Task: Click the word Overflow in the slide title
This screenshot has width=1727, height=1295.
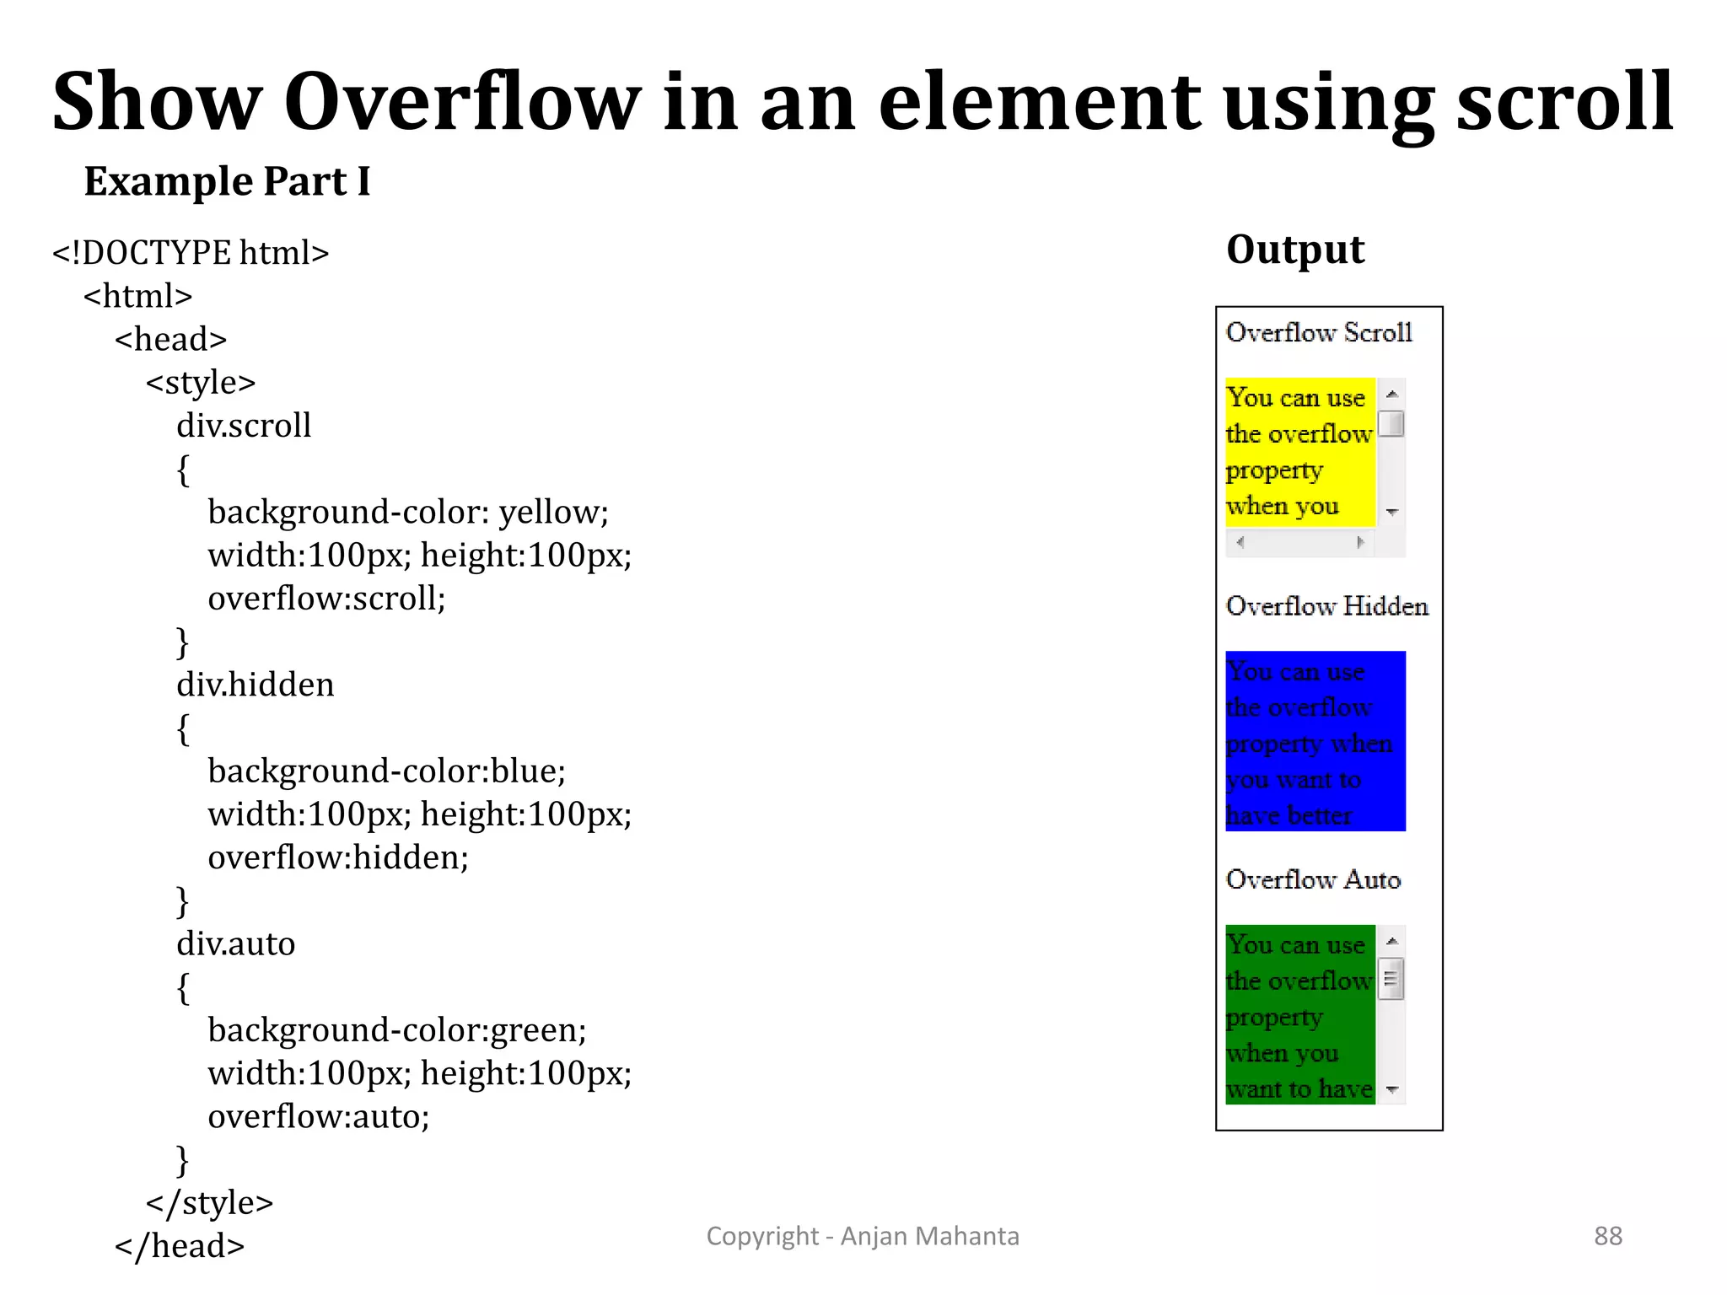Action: [462, 103]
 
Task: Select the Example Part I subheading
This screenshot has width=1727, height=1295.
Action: [227, 181]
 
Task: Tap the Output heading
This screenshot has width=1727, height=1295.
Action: [1294, 250]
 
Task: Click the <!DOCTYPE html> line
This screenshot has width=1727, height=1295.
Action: [191, 253]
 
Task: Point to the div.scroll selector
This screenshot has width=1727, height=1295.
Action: [244, 426]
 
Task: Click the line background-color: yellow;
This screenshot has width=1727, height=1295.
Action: [408, 513]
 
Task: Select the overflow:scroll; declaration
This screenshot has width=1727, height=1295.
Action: [326, 599]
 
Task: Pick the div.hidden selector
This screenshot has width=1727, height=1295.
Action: [255, 685]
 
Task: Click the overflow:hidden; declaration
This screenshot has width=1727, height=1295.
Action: [338, 857]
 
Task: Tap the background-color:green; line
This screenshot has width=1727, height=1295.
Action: [396, 1030]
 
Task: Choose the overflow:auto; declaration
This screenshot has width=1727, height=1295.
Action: [319, 1116]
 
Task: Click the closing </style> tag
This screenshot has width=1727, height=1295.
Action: [209, 1203]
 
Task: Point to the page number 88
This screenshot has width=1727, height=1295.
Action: [1607, 1236]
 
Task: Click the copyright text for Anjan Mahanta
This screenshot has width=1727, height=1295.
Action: [862, 1236]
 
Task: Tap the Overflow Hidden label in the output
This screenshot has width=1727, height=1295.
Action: [1326, 606]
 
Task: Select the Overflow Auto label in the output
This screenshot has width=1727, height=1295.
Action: [1313, 879]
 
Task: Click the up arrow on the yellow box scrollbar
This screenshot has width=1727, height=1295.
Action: [1392, 394]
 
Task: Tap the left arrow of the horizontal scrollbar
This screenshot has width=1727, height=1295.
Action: [1240, 542]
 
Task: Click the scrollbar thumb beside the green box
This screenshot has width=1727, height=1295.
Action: [1391, 979]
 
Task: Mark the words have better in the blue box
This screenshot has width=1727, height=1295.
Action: [1289, 816]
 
